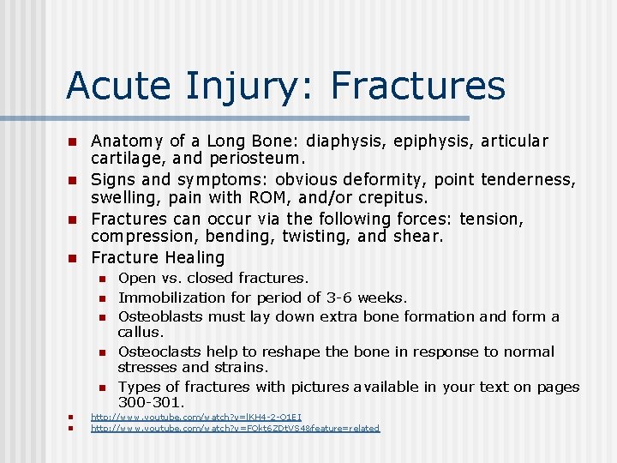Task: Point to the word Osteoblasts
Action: pyautogui.click(x=160, y=316)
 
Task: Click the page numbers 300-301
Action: pyautogui.click(x=152, y=402)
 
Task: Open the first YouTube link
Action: pyautogui.click(x=195, y=417)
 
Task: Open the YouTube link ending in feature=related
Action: pyautogui.click(x=235, y=428)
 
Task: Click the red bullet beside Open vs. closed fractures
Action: pyautogui.click(x=100, y=279)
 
